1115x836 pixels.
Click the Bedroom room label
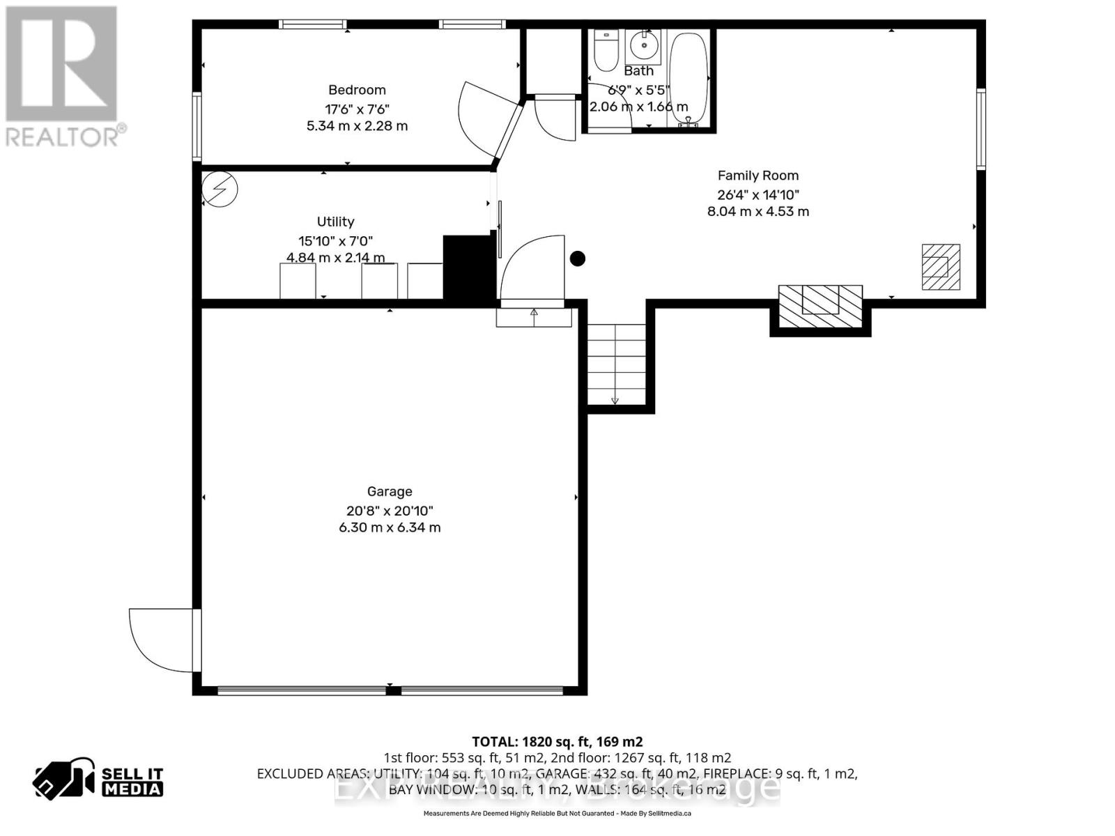[357, 90]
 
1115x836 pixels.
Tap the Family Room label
[758, 176]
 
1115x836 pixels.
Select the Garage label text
[390, 492]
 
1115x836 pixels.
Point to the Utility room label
[336, 222]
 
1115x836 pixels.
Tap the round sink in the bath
[644, 46]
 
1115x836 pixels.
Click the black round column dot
[578, 259]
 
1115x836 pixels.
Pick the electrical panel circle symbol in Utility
[220, 189]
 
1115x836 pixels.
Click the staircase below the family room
[616, 365]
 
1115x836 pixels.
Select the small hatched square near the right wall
[941, 267]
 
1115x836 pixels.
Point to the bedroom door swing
[481, 118]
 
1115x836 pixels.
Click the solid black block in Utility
[468, 268]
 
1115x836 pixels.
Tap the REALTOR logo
[63, 77]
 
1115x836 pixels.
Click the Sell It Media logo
[99, 780]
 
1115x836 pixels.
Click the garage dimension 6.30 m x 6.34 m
[390, 527]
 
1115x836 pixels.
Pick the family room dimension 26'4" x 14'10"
[758, 195]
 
